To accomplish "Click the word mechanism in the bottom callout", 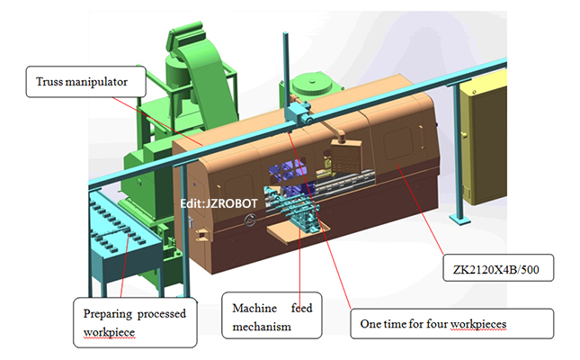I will click(x=262, y=325).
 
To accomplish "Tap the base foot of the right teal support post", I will click(x=459, y=221).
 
